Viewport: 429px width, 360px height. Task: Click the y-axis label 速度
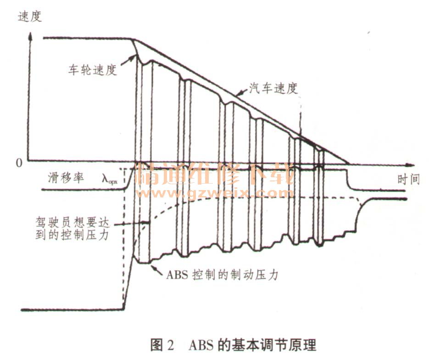click(x=30, y=17)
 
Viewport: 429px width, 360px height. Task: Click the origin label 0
click(x=18, y=163)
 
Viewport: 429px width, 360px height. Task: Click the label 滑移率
click(x=66, y=178)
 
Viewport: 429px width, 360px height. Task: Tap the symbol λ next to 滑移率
click(x=110, y=179)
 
